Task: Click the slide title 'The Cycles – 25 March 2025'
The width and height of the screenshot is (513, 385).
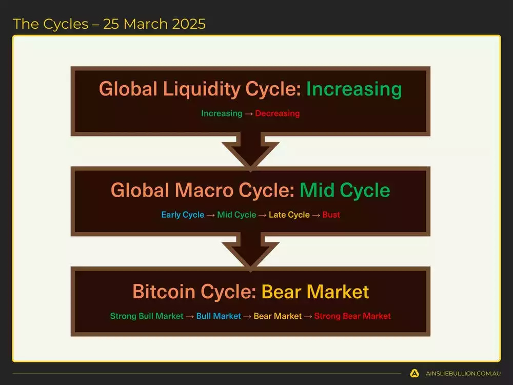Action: point(109,24)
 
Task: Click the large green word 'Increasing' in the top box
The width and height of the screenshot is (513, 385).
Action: point(354,89)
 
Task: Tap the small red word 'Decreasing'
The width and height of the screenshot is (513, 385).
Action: point(277,113)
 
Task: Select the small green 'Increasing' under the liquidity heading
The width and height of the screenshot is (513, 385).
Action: point(222,113)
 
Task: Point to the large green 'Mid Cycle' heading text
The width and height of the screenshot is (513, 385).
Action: point(345,190)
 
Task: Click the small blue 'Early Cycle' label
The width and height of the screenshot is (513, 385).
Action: point(183,215)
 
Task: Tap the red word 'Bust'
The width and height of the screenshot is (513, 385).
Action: point(331,215)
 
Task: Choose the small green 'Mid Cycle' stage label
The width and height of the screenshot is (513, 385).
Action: point(236,215)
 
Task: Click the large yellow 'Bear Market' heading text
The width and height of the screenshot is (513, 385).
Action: point(315,292)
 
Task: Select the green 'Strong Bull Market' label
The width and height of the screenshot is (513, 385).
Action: point(147,316)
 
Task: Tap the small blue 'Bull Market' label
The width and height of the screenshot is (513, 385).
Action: point(219,316)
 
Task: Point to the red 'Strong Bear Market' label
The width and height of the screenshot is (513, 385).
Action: point(352,316)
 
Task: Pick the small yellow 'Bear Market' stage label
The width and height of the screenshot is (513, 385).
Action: point(278,316)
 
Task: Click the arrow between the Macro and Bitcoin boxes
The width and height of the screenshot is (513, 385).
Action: point(250,252)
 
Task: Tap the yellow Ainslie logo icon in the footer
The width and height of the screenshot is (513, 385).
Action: point(415,373)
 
